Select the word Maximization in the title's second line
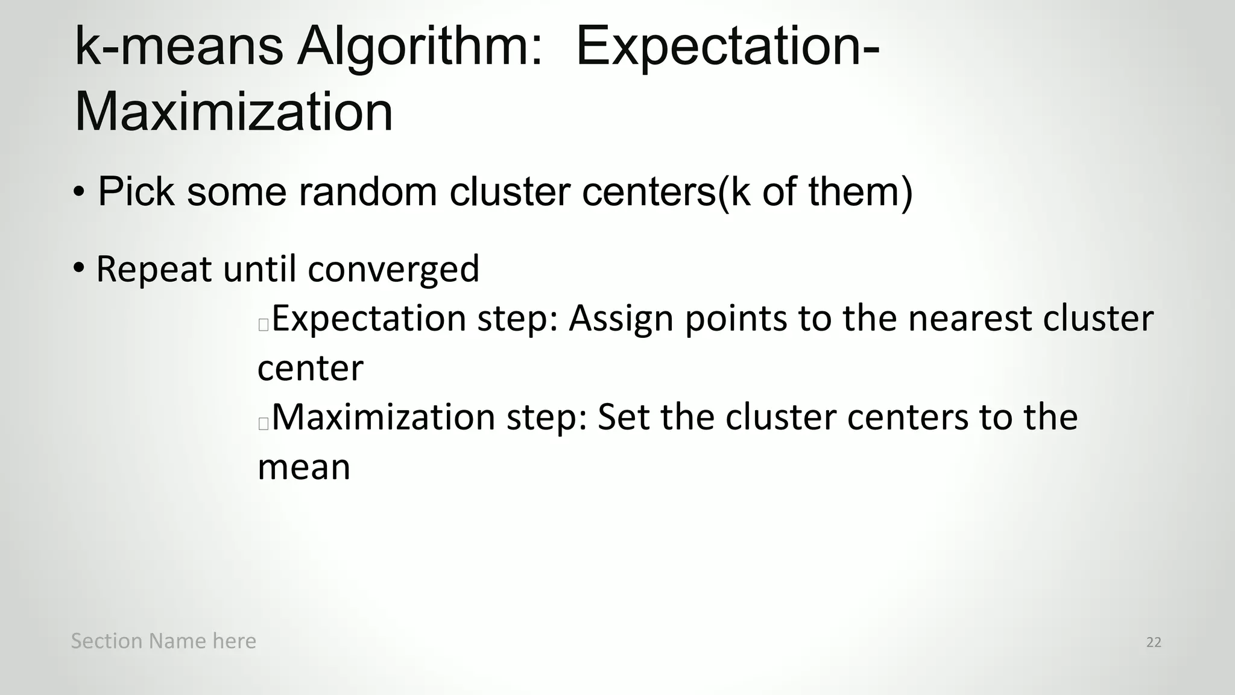click(x=233, y=112)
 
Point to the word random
click(x=367, y=192)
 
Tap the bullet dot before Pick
click(x=79, y=193)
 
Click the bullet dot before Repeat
click(x=79, y=267)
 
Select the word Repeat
click(x=154, y=270)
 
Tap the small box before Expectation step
click(x=263, y=325)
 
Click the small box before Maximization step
click(x=263, y=424)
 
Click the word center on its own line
click(x=311, y=369)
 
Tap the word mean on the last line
click(x=304, y=468)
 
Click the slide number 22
click(x=1154, y=643)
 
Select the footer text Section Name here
click(x=163, y=641)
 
